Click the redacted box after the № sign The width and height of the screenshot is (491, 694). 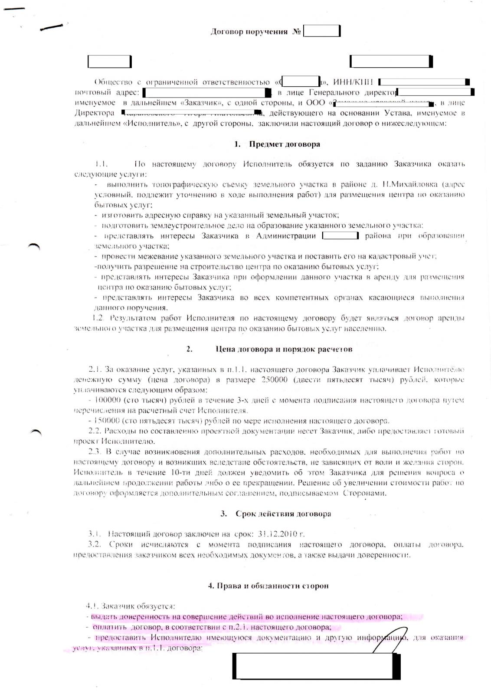pyautogui.click(x=321, y=31)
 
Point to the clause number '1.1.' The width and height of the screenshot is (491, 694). pyautogui.click(x=101, y=164)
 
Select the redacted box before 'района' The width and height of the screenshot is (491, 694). pyautogui.click(x=340, y=236)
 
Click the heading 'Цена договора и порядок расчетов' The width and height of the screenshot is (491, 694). pyautogui.click(x=284, y=349)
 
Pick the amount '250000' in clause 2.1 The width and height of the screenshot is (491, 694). pyautogui.click(x=275, y=380)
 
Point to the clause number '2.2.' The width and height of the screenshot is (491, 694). pyautogui.click(x=95, y=431)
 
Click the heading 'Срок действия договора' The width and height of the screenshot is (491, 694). pyautogui.click(x=283, y=514)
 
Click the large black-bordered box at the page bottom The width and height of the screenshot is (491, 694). pyautogui.click(x=316, y=666)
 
